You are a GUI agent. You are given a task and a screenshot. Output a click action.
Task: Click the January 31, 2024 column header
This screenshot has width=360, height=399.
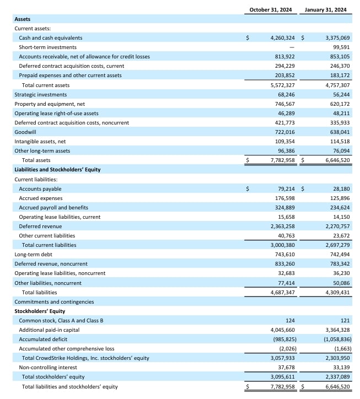325,9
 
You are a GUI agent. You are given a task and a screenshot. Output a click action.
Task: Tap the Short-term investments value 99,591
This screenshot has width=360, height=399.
338,47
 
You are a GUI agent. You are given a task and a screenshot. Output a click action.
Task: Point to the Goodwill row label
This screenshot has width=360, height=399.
25,132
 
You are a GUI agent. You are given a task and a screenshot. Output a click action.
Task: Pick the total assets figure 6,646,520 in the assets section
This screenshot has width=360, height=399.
335,160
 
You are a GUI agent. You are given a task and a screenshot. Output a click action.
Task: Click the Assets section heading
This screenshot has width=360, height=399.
22,19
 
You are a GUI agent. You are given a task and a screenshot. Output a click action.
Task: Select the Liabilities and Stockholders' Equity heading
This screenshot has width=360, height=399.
57,169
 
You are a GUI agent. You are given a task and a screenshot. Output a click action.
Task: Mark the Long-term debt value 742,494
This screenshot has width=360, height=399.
338,255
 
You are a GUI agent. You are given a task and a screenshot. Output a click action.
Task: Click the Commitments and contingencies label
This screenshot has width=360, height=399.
54,301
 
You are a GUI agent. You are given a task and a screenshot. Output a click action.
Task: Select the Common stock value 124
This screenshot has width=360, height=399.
290,320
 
